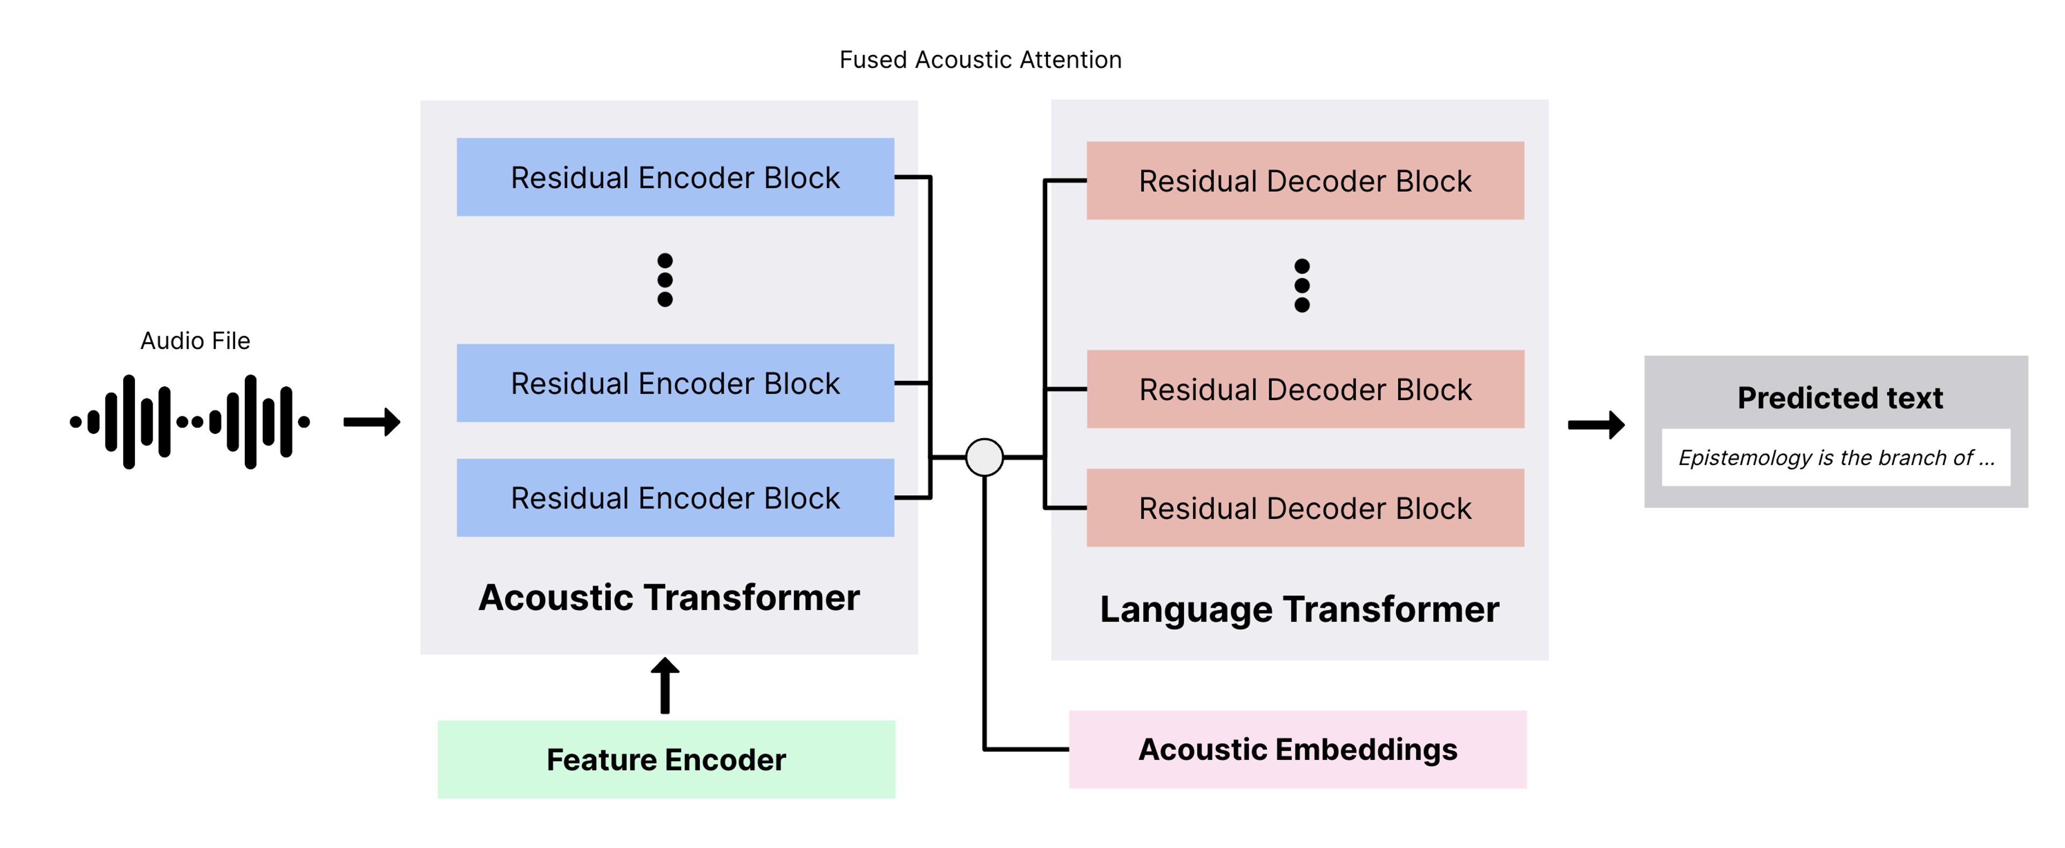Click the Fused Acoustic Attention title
click(x=980, y=60)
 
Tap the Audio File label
click(x=195, y=340)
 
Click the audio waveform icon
click(x=190, y=422)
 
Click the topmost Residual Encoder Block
click(x=675, y=177)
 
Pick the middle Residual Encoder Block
click(x=675, y=383)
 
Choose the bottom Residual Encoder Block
click(x=675, y=498)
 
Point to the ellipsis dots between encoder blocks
click(x=665, y=280)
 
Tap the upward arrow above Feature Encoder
click(x=665, y=685)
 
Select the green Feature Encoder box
click(x=666, y=759)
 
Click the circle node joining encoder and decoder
click(x=985, y=457)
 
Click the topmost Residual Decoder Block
click(x=1305, y=180)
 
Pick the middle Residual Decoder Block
click(x=1305, y=389)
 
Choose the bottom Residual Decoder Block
click(x=1305, y=508)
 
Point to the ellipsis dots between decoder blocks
click(x=1302, y=286)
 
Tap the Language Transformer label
click(x=1299, y=610)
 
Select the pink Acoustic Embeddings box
click(x=1298, y=750)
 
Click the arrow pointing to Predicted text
click(x=1596, y=425)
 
